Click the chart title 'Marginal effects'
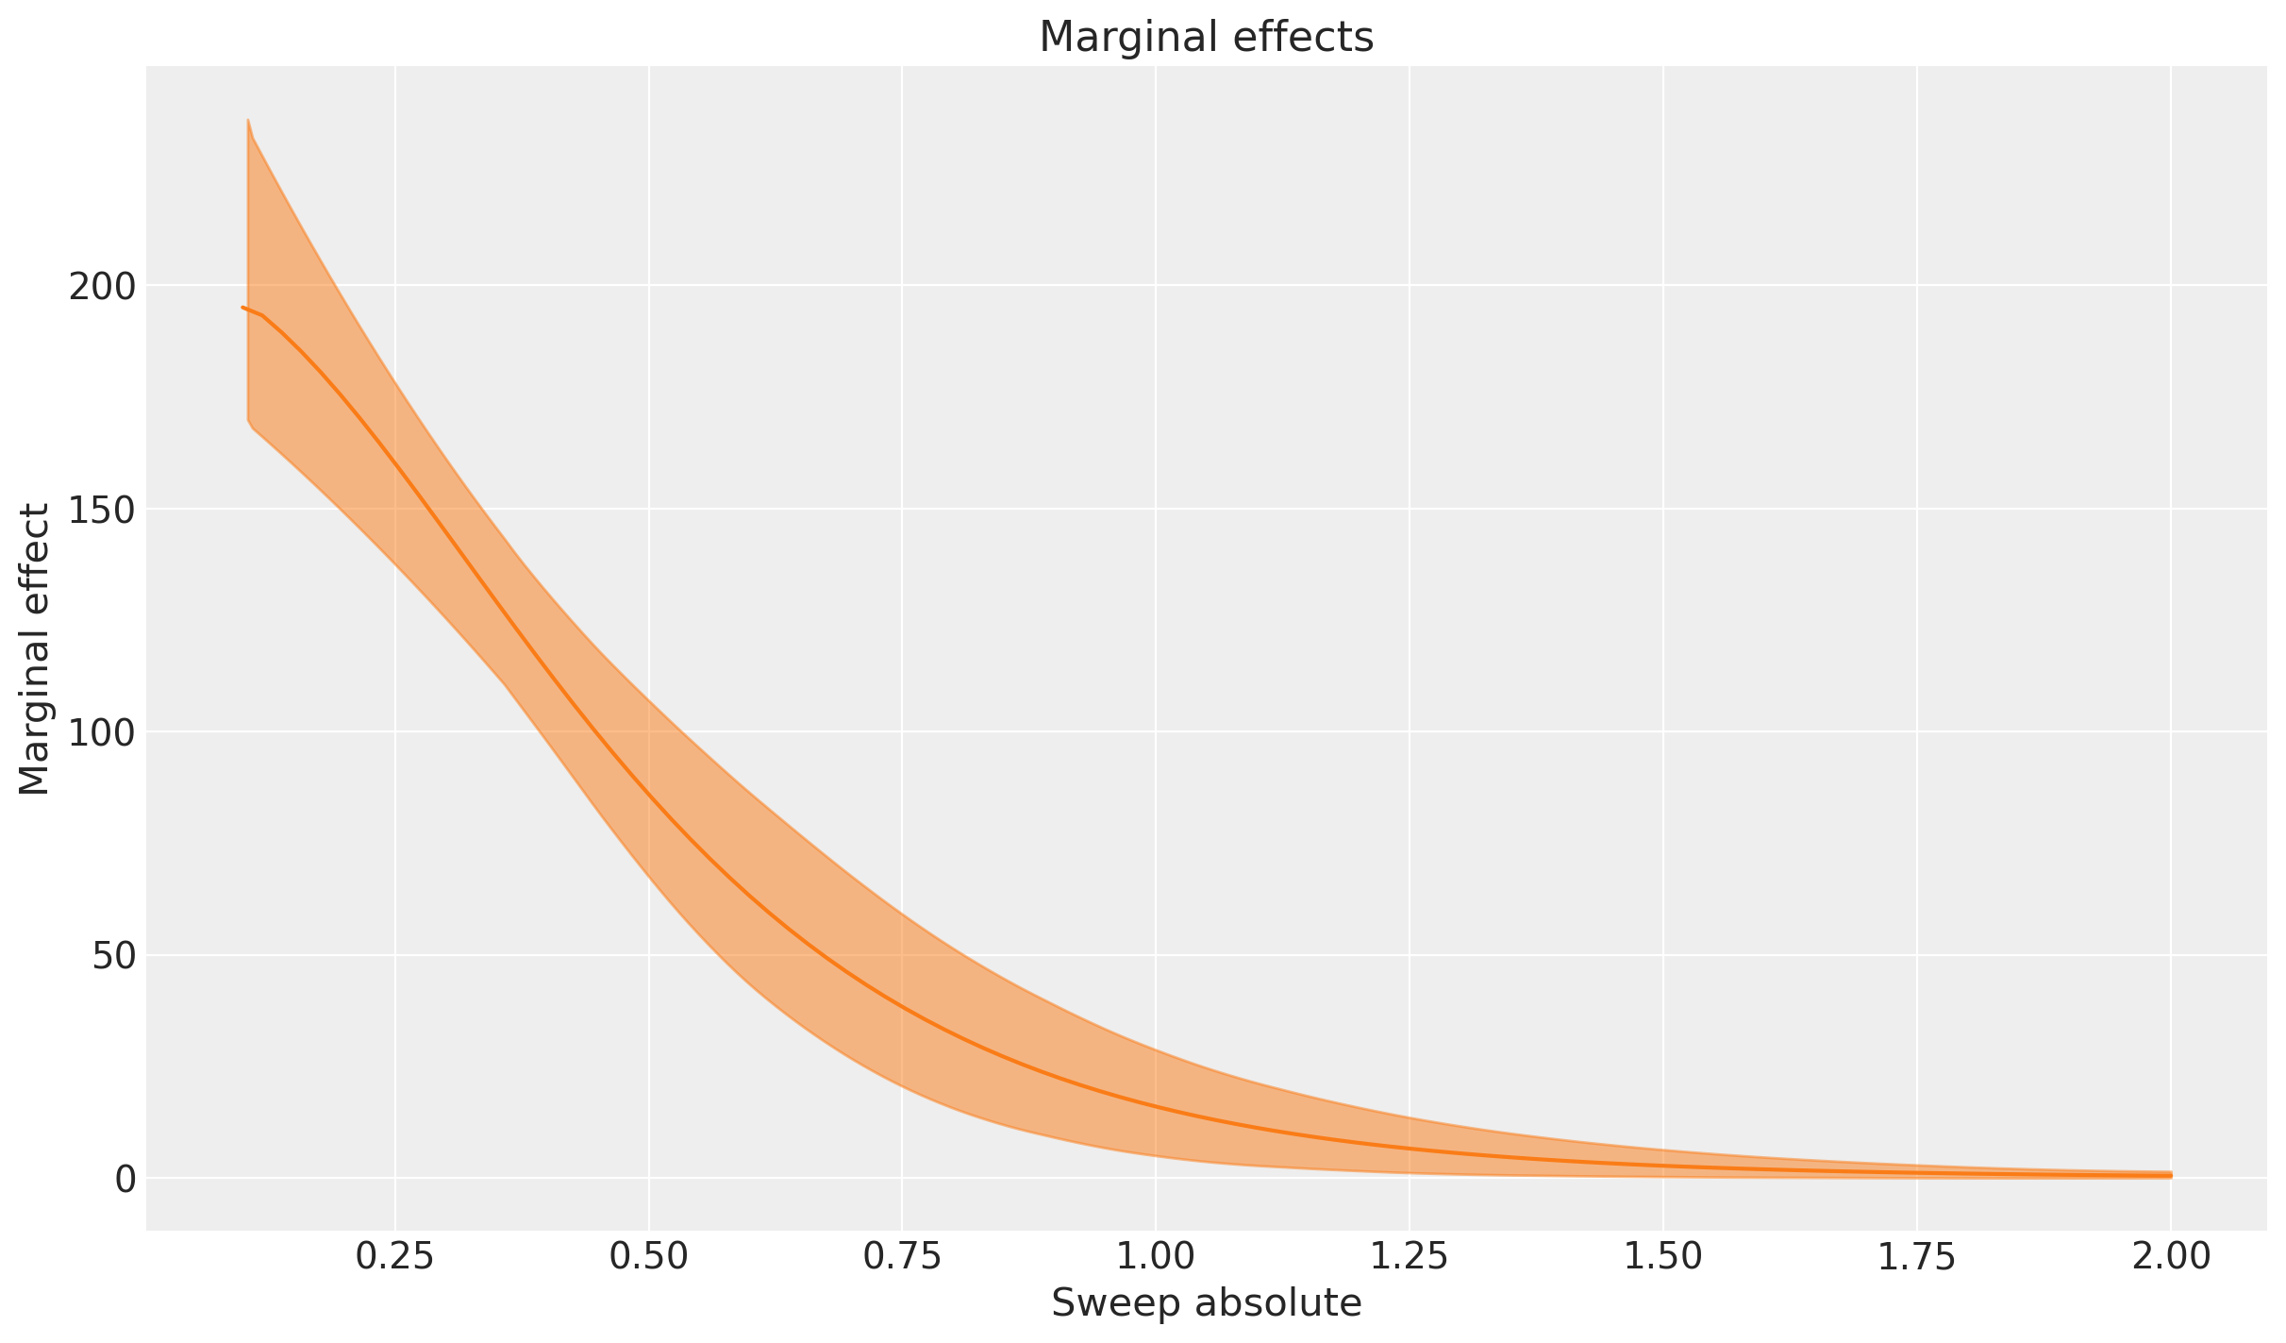click(1206, 38)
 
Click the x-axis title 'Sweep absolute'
click(1206, 1303)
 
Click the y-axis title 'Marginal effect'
click(35, 649)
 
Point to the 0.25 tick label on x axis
click(395, 1258)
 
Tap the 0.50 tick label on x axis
click(649, 1258)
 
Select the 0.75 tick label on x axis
click(902, 1258)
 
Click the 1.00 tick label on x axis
click(1156, 1258)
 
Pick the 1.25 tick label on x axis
click(1410, 1258)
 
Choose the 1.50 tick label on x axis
click(1662, 1258)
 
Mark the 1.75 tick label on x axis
click(1916, 1258)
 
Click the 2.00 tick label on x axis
click(2170, 1258)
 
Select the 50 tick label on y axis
click(112, 955)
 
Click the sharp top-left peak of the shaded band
click(247, 120)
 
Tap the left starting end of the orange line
click(242, 307)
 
